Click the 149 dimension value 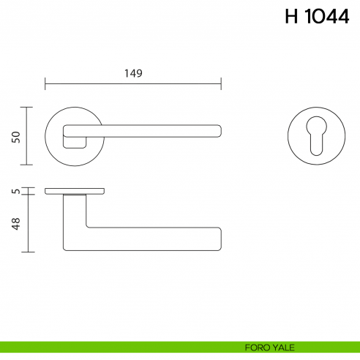[132, 73]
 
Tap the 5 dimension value [15, 192]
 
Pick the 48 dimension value [15, 223]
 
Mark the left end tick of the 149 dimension [45, 83]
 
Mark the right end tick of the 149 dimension [221, 83]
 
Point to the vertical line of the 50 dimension [28, 136]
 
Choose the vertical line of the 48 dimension [28, 224]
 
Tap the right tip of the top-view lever [220, 130]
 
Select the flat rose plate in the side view [74, 192]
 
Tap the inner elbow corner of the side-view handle [86, 226]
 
